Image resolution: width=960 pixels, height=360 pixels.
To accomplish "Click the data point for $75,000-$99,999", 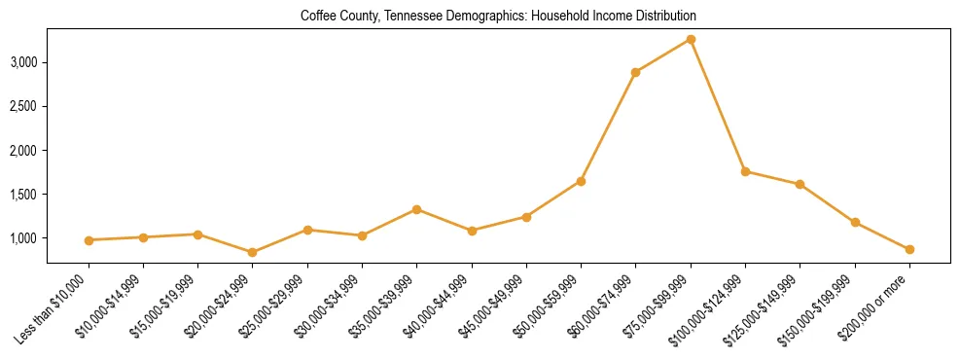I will point(691,39).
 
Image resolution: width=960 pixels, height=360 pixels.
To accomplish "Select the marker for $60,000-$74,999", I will point(636,72).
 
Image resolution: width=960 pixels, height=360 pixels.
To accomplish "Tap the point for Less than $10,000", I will point(89,240).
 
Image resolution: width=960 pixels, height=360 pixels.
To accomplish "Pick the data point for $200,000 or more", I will point(909,250).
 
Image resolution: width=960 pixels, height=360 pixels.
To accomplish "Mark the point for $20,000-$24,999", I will point(253,252).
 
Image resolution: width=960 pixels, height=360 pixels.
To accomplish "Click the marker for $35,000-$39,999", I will point(417,209).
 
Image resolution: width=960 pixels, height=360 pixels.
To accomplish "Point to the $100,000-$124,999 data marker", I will point(745,171).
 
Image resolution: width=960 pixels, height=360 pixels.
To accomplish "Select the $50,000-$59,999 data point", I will point(581,181).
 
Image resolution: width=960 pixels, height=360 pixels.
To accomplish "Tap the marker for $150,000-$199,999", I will point(855,223).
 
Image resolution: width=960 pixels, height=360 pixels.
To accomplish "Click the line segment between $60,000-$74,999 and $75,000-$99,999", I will point(663,55).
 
